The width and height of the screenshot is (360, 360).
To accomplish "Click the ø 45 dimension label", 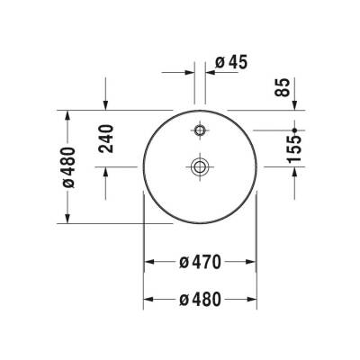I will click(x=231, y=62).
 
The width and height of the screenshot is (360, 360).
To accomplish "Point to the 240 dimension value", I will click(x=107, y=137).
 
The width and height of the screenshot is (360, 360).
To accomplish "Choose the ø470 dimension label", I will click(x=201, y=261).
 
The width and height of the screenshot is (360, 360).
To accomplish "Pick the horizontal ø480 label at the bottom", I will click(x=201, y=299).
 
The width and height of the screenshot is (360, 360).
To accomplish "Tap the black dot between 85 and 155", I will click(x=295, y=130).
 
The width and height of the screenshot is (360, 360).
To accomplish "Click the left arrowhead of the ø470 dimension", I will click(x=149, y=261).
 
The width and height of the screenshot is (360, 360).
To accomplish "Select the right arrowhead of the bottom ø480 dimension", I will click(x=255, y=299).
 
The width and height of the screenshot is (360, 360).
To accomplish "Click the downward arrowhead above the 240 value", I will click(x=107, y=106).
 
